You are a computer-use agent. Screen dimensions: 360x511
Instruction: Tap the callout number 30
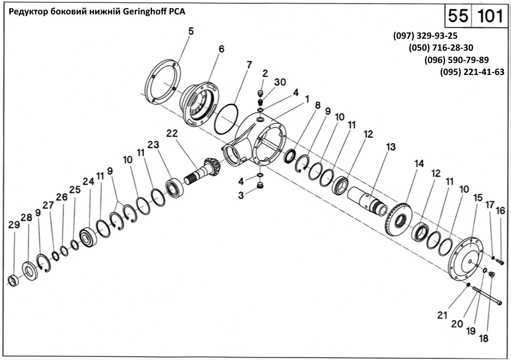pos(280,82)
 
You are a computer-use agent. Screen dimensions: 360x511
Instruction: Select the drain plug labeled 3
pos(260,186)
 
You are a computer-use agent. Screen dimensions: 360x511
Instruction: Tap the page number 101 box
pos(490,16)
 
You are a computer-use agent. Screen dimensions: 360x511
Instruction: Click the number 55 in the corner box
pos(457,16)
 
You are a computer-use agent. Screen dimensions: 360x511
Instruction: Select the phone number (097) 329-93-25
pos(425,36)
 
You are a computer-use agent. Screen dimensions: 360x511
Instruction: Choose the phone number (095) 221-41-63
pos(472,72)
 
